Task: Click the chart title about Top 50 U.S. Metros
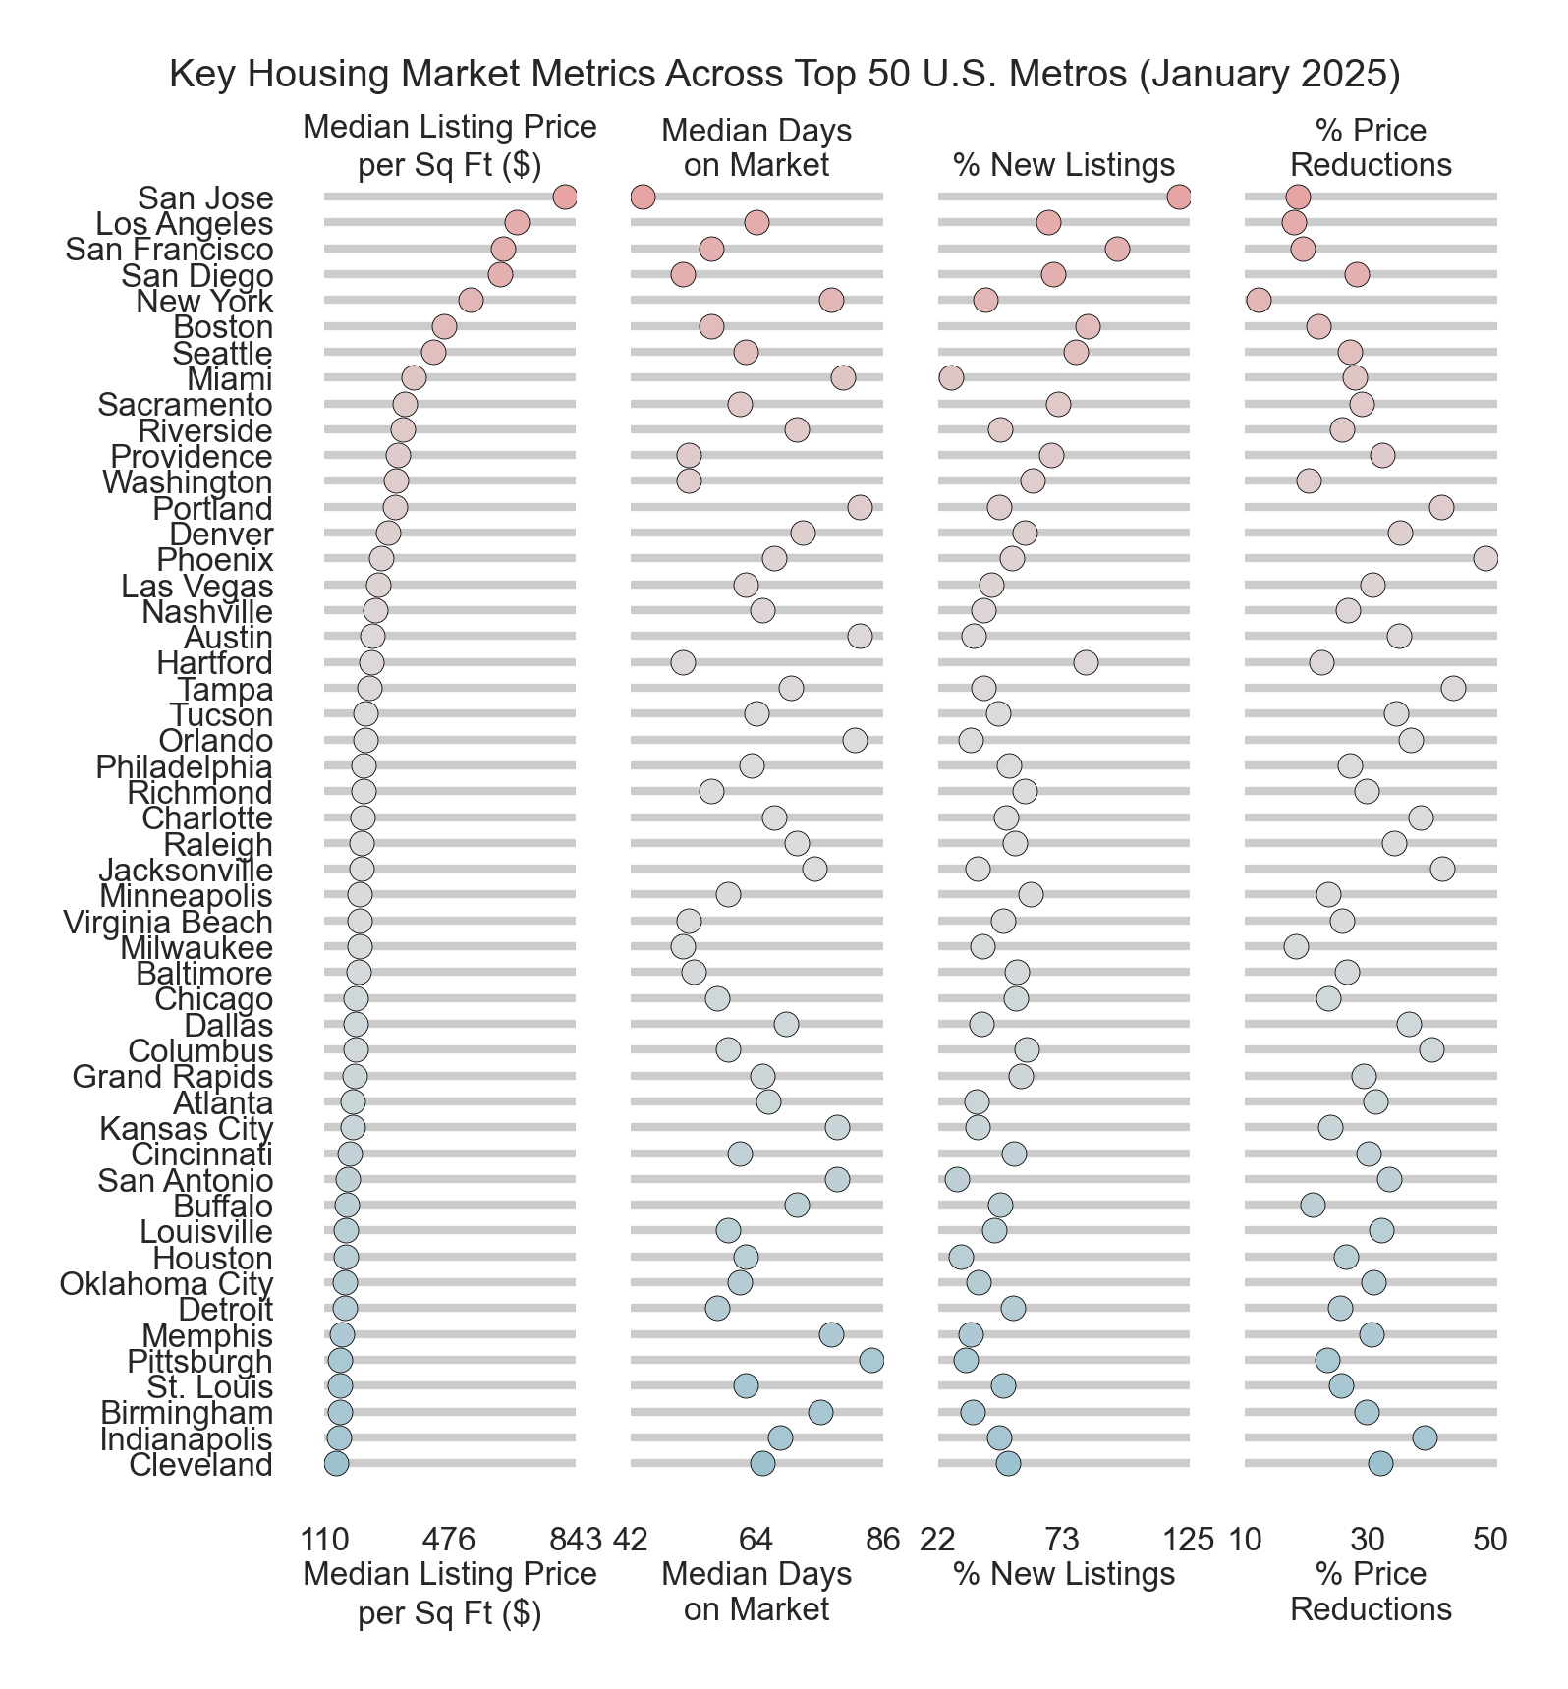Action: pyautogui.click(x=784, y=75)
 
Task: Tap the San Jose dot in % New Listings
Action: pyautogui.click(x=1179, y=197)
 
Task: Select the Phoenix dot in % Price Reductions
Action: pyautogui.click(x=1485, y=559)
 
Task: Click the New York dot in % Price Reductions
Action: pyautogui.click(x=1259, y=301)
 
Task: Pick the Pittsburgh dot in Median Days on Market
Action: pyautogui.click(x=871, y=1361)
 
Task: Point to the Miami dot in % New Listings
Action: pyautogui.click(x=951, y=378)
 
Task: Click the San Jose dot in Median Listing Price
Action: pyautogui.click(x=565, y=197)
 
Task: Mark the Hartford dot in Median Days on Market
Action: pyautogui.click(x=683, y=662)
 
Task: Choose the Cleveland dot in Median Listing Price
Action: pyautogui.click(x=336, y=1464)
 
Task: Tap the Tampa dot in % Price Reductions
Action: pyautogui.click(x=1453, y=689)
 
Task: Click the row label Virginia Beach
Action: pyautogui.click(x=168, y=923)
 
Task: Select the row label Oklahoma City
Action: pyautogui.click(x=166, y=1284)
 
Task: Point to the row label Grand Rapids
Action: pyautogui.click(x=173, y=1077)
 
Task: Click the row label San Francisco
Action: pyautogui.click(x=169, y=250)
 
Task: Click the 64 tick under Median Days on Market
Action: pyautogui.click(x=756, y=1540)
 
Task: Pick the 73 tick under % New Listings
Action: pyautogui.click(x=1063, y=1540)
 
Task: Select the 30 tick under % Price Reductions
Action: pyautogui.click(x=1368, y=1540)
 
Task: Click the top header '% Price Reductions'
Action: pyautogui.click(x=1371, y=147)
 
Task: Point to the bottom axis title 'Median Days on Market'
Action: pyautogui.click(x=756, y=1591)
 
